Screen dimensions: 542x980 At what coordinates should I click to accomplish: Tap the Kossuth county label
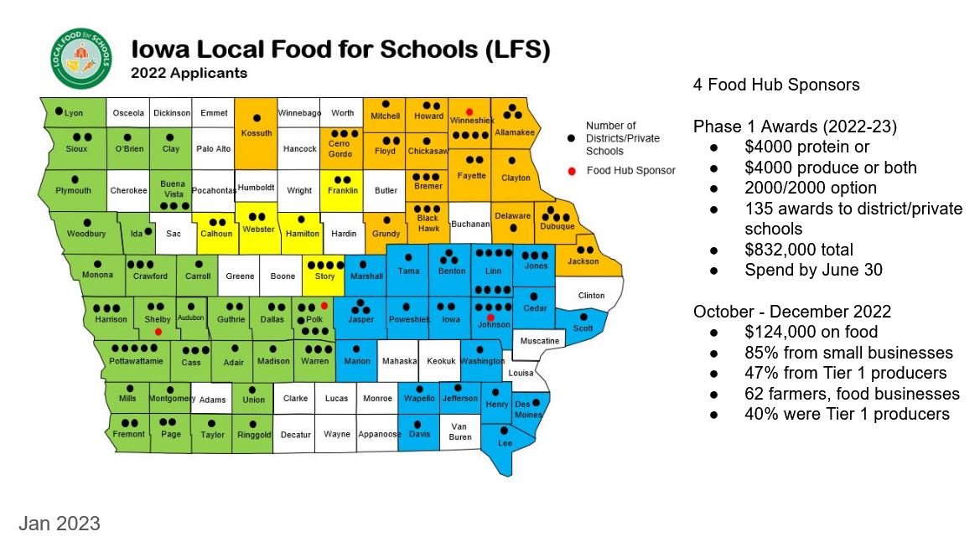click(x=256, y=133)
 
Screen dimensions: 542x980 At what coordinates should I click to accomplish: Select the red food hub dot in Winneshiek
click(x=469, y=111)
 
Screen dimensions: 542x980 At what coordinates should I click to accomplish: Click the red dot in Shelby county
click(x=158, y=332)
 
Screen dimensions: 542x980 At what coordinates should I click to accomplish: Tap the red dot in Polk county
click(x=324, y=306)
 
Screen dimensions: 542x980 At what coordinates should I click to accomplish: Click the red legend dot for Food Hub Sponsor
click(x=571, y=171)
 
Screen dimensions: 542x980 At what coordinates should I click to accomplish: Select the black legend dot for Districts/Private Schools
click(x=571, y=137)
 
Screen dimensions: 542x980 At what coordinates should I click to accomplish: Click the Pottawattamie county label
click(x=130, y=360)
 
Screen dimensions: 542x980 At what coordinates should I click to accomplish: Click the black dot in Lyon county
click(x=59, y=111)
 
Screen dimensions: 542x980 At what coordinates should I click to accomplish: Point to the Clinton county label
click(x=591, y=296)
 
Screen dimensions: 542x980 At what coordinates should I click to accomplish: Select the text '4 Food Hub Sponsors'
click(x=775, y=85)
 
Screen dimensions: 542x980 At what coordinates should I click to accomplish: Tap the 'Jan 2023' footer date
click(x=60, y=524)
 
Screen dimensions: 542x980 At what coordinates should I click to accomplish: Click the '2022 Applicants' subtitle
click(x=189, y=73)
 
